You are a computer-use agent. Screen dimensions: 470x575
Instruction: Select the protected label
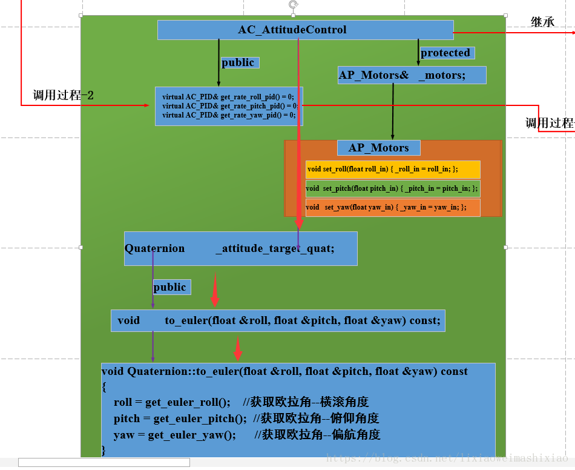tap(446, 53)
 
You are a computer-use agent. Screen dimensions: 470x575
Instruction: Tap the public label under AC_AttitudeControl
tap(239, 62)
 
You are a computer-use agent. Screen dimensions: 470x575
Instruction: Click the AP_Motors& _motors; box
tap(412, 75)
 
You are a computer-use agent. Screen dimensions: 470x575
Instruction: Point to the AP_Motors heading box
tap(378, 148)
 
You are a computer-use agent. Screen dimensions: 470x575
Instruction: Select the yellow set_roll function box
tap(393, 169)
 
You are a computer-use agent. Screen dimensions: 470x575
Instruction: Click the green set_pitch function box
tap(393, 188)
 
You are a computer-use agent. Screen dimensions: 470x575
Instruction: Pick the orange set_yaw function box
tap(393, 207)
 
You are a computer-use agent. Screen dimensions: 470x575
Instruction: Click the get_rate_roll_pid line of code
tap(228, 96)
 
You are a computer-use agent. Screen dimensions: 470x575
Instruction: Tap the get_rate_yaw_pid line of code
tap(229, 114)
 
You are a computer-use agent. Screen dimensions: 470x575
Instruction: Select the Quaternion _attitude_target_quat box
tap(240, 248)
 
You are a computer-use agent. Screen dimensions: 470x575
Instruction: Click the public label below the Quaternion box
tap(171, 287)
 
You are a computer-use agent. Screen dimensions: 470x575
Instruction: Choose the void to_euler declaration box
tap(278, 320)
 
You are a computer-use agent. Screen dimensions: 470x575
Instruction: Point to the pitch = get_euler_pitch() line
tap(180, 419)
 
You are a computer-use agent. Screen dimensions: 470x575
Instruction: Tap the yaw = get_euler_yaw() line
tap(174, 435)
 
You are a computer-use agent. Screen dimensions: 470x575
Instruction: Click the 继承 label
tap(542, 22)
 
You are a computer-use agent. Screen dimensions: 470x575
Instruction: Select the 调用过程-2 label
tap(64, 95)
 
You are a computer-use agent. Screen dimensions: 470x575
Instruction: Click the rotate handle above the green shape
tap(294, 5)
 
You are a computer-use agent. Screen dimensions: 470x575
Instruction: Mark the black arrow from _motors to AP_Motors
tap(393, 111)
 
